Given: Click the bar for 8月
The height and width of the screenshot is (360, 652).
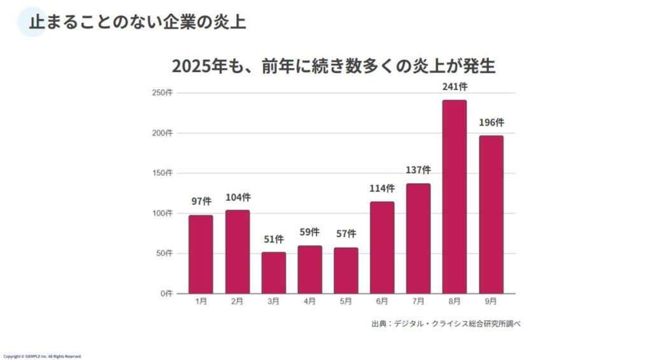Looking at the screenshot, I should tap(455, 196).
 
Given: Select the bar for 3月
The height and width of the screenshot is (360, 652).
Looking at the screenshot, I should tap(274, 273).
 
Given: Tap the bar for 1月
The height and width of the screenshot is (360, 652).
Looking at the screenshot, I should tap(201, 254).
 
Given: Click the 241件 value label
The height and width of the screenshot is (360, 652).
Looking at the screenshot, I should tap(455, 87).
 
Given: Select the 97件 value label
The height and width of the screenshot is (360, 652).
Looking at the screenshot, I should tap(201, 201).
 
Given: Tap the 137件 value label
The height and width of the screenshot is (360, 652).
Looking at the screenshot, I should tap(418, 170).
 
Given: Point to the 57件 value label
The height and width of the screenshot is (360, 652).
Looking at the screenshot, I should tap(346, 234).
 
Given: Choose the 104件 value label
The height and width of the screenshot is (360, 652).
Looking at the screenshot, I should tap(237, 197).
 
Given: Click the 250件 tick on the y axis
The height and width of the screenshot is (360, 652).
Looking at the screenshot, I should tap(162, 93).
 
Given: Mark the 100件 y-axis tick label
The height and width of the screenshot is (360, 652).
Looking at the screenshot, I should tap(162, 213).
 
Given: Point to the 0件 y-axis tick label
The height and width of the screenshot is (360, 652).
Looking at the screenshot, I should tap(166, 294).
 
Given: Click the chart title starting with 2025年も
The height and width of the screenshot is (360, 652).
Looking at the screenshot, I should tap(334, 66).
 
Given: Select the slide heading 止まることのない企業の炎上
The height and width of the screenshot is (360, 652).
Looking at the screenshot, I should tap(138, 22).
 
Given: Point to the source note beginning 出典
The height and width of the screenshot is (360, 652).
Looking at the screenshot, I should tap(446, 324).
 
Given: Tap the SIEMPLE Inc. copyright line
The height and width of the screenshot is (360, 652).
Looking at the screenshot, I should tap(43, 356).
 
